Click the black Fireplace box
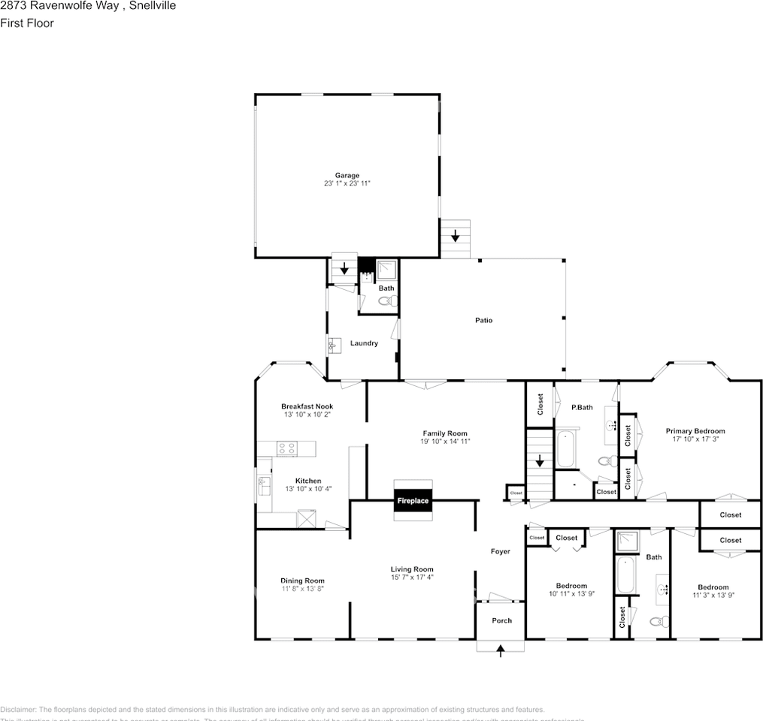413,500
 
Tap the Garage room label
347,176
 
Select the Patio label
483,321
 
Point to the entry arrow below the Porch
501,650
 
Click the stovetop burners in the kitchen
286,449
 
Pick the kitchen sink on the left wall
264,484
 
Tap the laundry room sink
334,345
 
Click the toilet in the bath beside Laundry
386,302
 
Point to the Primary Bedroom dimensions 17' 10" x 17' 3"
695,439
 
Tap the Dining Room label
302,581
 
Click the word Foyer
500,551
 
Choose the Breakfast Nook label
307,406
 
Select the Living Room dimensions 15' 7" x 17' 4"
412,577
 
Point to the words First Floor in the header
27,23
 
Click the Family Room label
445,433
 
